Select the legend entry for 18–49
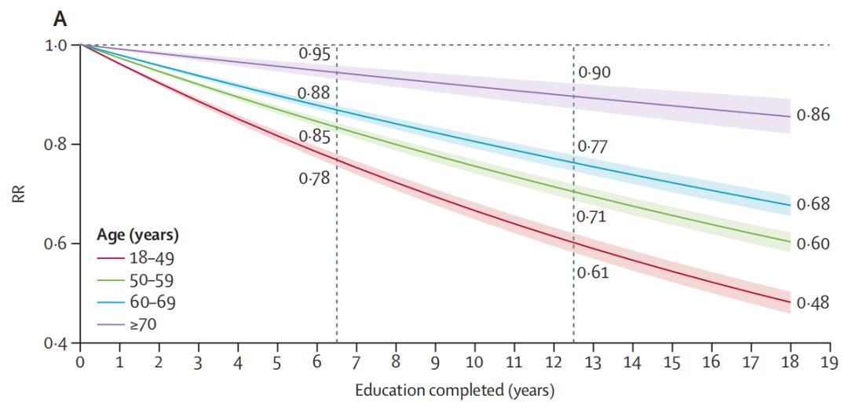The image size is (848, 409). (155, 257)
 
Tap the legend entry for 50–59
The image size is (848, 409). (155, 279)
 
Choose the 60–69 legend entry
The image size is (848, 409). (155, 301)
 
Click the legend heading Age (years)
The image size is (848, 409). (138, 234)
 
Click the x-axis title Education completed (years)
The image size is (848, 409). (455, 390)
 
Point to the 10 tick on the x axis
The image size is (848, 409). (474, 362)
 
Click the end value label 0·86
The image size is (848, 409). (813, 115)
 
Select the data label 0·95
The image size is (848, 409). (314, 54)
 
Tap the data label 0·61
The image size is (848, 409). (593, 273)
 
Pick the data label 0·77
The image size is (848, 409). (593, 146)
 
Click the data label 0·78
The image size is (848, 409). (314, 178)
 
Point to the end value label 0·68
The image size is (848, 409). (813, 205)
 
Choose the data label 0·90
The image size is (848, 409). (594, 73)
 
